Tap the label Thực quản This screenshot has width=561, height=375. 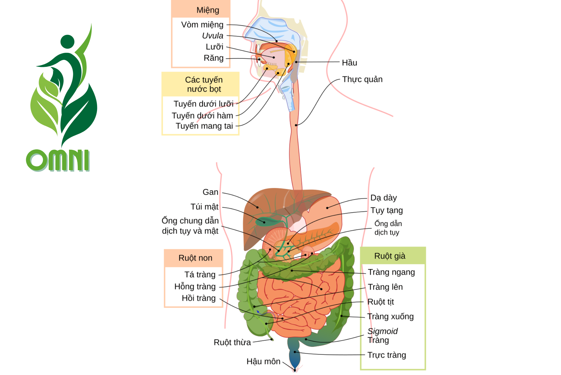coord(362,79)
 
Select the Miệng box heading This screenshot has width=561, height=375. coord(208,10)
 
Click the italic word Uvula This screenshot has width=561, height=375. coord(213,36)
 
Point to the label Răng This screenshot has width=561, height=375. coord(213,58)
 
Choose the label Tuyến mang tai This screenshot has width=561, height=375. coord(204,126)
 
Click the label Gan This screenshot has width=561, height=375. coord(210,192)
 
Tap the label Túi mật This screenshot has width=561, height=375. coord(204,207)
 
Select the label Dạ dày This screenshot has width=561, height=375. coord(383,198)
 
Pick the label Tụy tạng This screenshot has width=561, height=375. coord(387,210)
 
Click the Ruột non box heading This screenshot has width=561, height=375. coord(195,258)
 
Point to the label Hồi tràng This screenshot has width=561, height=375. coord(199,298)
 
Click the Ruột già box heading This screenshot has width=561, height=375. coord(390,256)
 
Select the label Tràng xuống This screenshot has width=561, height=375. coord(390,317)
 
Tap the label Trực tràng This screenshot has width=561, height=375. coord(387,355)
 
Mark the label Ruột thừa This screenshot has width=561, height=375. coord(232,342)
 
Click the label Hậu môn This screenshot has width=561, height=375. coord(263,362)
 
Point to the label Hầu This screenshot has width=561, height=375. coord(349,63)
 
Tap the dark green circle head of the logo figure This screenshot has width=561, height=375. coord(67,42)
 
